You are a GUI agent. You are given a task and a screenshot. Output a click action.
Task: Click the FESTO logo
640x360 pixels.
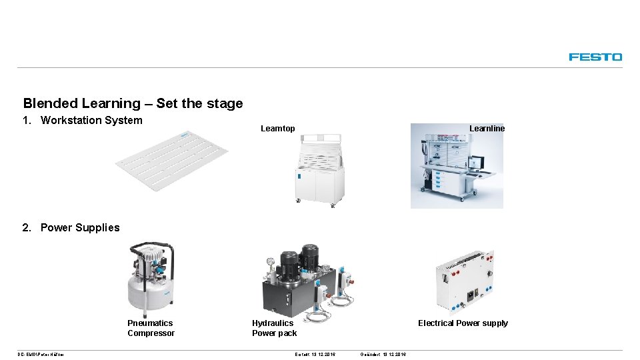[x=595, y=57]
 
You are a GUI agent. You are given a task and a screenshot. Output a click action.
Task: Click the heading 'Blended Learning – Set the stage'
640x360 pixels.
[x=133, y=103]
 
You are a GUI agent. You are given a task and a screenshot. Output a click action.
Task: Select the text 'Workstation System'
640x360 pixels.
[x=91, y=121]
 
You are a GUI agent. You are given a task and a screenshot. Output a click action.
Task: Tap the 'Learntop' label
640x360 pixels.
[x=277, y=129]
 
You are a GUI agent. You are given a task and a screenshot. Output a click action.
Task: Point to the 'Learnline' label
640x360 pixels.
[x=487, y=129]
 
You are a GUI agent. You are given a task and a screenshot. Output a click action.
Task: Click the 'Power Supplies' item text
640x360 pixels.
[x=80, y=228]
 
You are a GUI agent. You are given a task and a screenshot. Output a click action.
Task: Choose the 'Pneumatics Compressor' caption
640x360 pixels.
[x=151, y=328]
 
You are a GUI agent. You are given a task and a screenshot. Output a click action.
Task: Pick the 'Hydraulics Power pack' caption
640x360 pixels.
[x=274, y=328]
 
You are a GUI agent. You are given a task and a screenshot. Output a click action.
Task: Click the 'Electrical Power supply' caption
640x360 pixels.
[x=463, y=323]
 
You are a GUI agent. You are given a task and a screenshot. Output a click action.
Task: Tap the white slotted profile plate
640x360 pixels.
[x=172, y=159]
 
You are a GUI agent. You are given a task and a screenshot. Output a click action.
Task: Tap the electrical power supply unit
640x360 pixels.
[x=465, y=281]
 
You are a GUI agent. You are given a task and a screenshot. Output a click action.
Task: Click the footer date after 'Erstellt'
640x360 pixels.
[x=323, y=354]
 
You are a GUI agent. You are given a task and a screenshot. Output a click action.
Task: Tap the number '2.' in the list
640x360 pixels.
[x=27, y=228]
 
